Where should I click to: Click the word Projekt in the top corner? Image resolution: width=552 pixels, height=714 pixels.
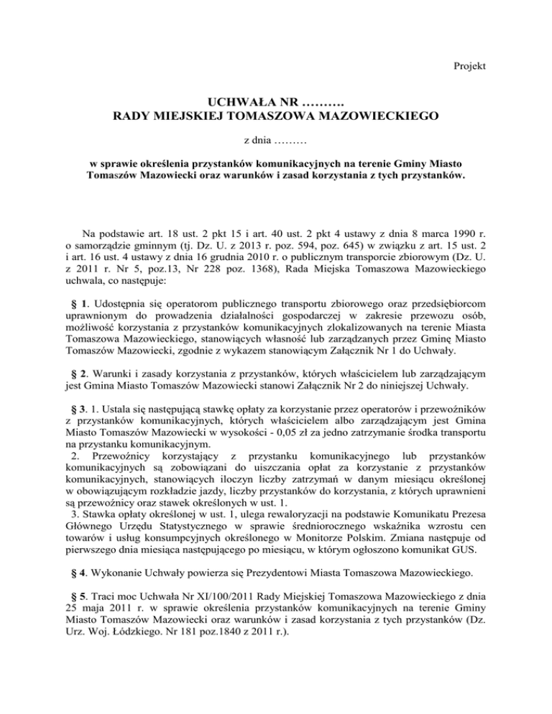click(x=470, y=66)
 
